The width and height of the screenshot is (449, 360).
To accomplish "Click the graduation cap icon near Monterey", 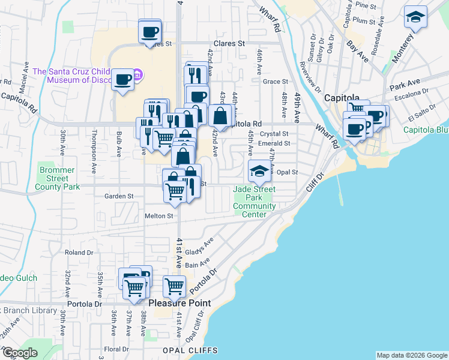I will pyautogui.click(x=415, y=17).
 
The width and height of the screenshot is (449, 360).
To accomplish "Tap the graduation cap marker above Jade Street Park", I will pyautogui.click(x=259, y=171).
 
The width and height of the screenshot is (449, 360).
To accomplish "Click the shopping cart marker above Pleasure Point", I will pyautogui.click(x=174, y=287).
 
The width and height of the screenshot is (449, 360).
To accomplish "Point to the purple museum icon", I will pyautogui.click(x=137, y=75).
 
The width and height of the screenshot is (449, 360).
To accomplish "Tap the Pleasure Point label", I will pyautogui.click(x=179, y=303).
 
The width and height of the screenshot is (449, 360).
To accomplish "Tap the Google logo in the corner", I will pyautogui.click(x=19, y=353).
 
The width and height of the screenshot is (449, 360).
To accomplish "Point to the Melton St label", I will pyautogui.click(x=158, y=216).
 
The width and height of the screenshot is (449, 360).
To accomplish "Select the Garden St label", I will pyautogui.click(x=118, y=196).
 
